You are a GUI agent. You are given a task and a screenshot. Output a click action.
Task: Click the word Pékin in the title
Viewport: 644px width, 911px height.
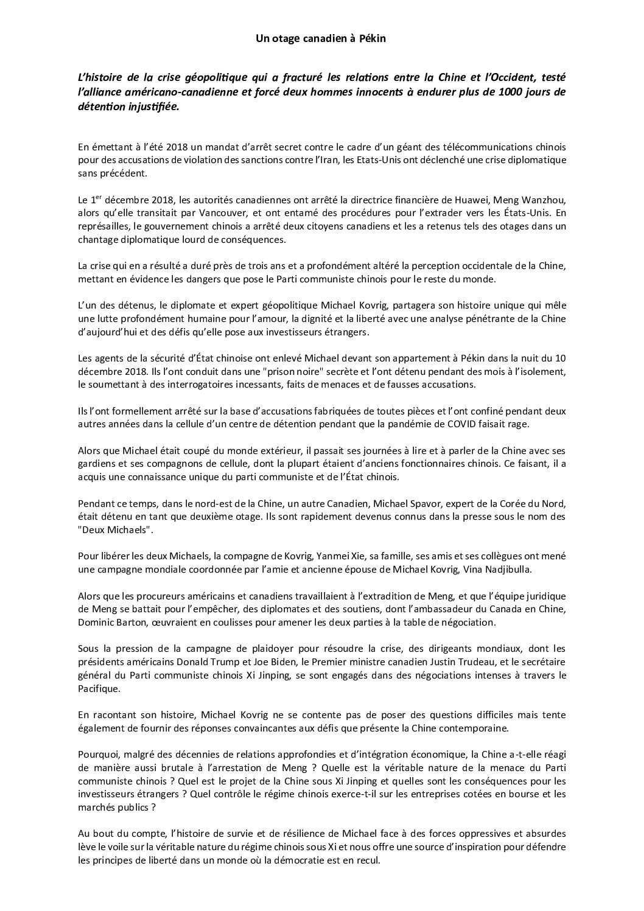click(373, 38)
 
